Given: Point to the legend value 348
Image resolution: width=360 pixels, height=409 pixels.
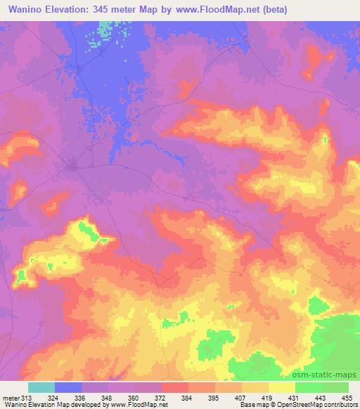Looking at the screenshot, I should pyautogui.click(x=108, y=397).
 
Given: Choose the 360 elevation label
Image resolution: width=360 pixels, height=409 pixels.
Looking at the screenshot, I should pyautogui.click(x=134, y=397).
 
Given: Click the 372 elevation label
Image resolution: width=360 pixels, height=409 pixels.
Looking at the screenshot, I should pyautogui.click(x=161, y=397).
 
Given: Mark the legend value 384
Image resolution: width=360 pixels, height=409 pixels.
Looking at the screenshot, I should pyautogui.click(x=188, y=397).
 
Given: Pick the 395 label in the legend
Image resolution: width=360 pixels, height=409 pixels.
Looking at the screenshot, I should pyautogui.click(x=214, y=397).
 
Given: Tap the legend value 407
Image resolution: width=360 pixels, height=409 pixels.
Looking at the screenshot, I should pyautogui.click(x=241, y=397).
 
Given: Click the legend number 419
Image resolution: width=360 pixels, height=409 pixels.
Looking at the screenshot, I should pyautogui.click(x=268, y=397).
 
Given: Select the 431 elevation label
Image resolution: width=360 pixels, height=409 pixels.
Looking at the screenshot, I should pyautogui.click(x=295, y=397).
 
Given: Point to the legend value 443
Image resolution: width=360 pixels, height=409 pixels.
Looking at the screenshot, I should pyautogui.click(x=321, y=397).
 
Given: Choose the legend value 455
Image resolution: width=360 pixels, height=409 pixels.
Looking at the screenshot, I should pyautogui.click(x=347, y=397).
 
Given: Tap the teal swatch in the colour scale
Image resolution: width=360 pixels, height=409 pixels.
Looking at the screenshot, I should pyautogui.click(x=41, y=387).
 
